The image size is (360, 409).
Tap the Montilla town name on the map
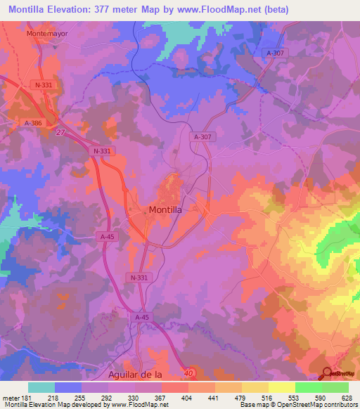click(x=167, y=209)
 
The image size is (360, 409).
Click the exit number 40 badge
click(x=186, y=372)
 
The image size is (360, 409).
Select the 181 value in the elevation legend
click(x=27, y=397)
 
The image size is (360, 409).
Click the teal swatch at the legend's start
click(x=41, y=387)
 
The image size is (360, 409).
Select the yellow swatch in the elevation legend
click(x=282, y=387)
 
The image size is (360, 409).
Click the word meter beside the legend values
click(x=11, y=397)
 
